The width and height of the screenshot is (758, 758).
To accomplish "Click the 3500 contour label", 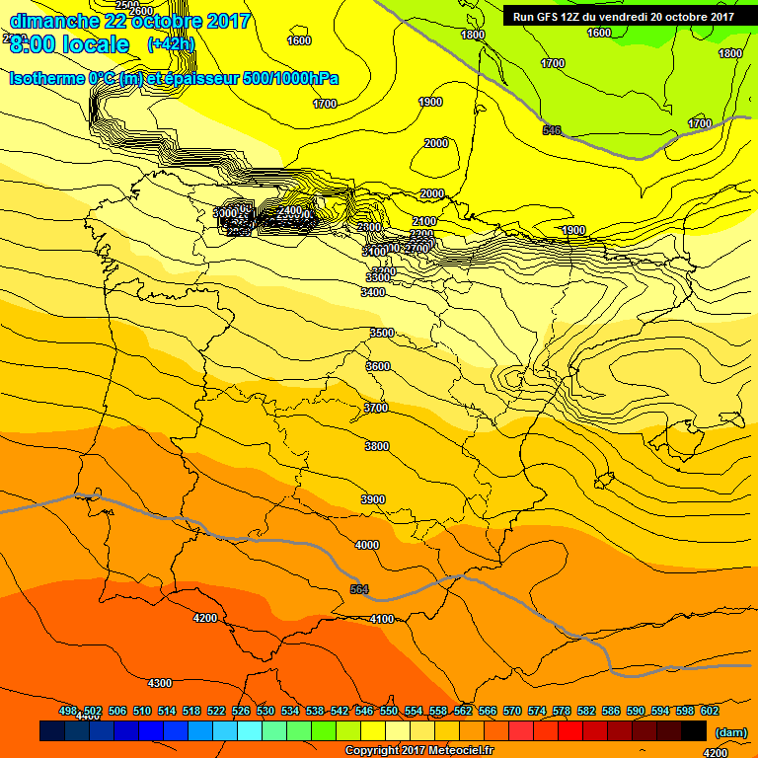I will (x=382, y=334).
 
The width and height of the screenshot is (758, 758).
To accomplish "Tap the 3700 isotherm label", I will (x=376, y=408).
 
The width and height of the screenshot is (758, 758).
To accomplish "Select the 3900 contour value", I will (x=373, y=500).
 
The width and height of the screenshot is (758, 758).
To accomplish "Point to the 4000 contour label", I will (x=367, y=545).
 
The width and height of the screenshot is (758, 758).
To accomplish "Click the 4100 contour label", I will (x=382, y=620).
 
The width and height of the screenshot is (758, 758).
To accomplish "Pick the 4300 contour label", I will (x=159, y=683).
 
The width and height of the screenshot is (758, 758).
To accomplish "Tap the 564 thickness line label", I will (x=359, y=590).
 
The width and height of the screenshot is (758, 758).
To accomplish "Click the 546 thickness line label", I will (x=552, y=131).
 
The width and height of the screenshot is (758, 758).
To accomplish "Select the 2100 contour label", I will (x=424, y=221).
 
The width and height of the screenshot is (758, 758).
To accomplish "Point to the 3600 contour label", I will (x=378, y=366).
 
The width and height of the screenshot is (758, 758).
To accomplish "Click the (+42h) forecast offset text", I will (x=171, y=44).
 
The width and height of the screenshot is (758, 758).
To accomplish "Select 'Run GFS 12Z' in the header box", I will (x=547, y=16).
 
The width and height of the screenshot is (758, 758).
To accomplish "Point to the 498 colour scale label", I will (x=68, y=711).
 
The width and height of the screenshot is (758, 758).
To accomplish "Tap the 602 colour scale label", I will (x=709, y=711).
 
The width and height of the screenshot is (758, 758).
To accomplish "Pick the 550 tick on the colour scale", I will (x=389, y=711).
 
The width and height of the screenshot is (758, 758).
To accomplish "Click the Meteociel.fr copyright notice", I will (x=418, y=751).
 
